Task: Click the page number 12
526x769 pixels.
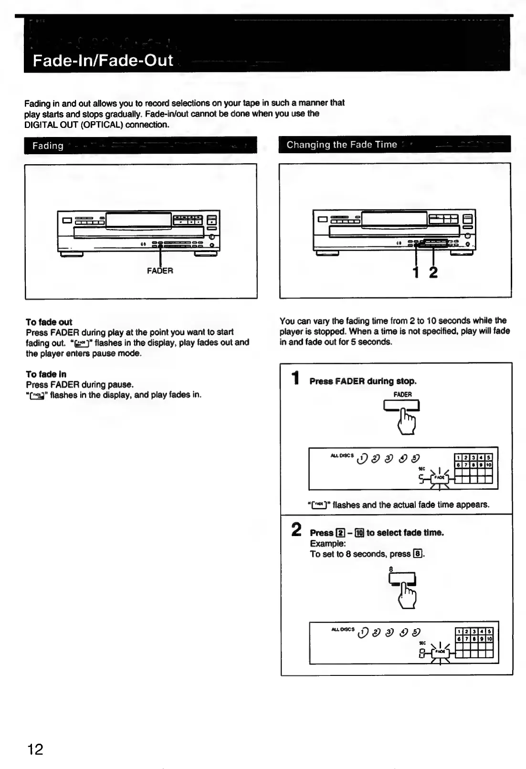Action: pyautogui.click(x=35, y=749)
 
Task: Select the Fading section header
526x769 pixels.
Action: pyautogui.click(x=48, y=146)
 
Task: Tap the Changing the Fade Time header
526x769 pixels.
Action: pyautogui.click(x=342, y=145)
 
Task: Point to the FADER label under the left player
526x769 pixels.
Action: pyautogui.click(x=160, y=271)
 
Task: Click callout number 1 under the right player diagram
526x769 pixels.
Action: pyautogui.click(x=416, y=273)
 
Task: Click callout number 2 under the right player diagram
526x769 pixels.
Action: pyautogui.click(x=433, y=273)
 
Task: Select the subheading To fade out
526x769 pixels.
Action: pyautogui.click(x=49, y=322)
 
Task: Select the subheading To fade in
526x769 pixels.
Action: pyautogui.click(x=46, y=374)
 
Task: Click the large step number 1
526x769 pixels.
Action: pyautogui.click(x=296, y=379)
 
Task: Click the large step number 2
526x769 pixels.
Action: pyautogui.click(x=296, y=529)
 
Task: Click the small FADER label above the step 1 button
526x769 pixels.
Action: pyautogui.click(x=402, y=394)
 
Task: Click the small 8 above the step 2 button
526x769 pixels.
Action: pyautogui.click(x=390, y=569)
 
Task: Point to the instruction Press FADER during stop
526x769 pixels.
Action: pyautogui.click(x=363, y=381)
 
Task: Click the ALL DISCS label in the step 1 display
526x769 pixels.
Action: pyautogui.click(x=342, y=455)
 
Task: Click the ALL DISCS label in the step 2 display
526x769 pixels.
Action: pyautogui.click(x=342, y=629)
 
